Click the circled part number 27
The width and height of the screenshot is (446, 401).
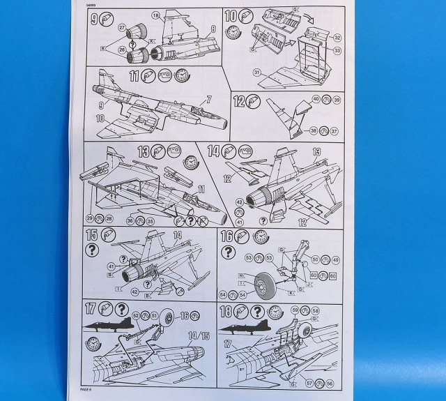122,27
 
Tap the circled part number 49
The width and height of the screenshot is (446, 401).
336,259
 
